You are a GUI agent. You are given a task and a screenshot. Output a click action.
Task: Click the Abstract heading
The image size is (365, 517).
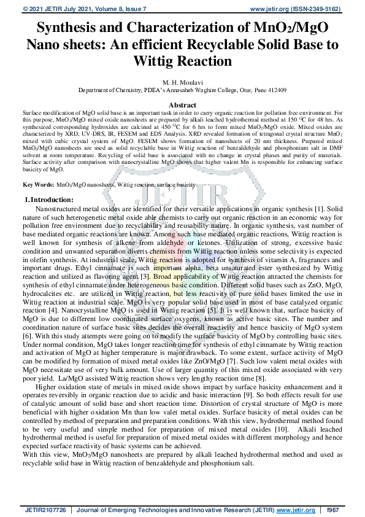point(182,105)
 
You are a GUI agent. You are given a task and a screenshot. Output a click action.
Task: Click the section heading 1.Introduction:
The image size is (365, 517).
point(49,183)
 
